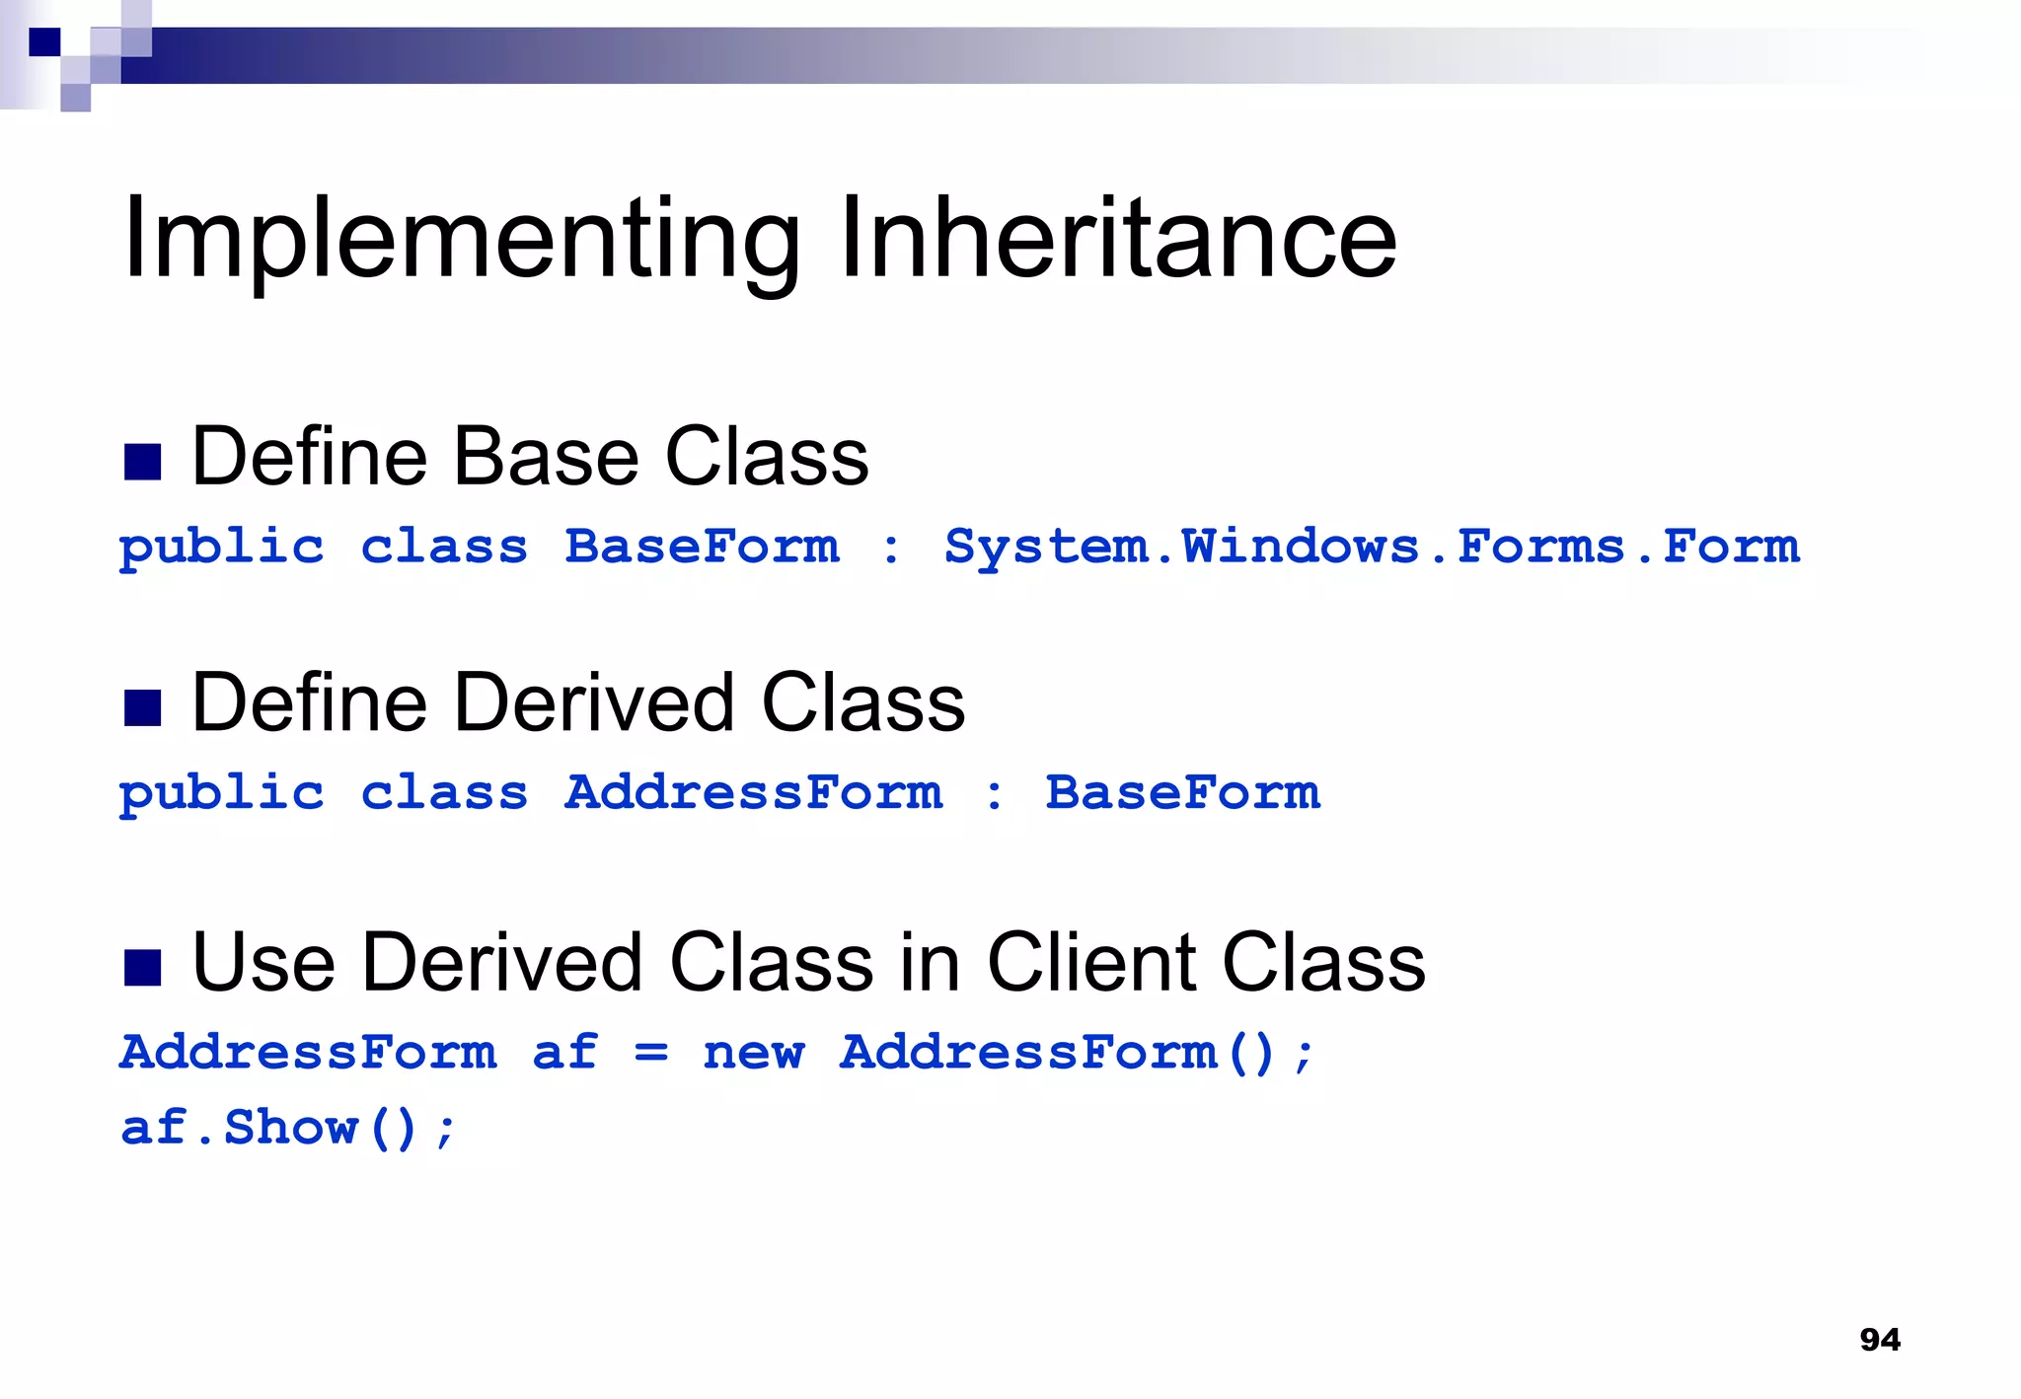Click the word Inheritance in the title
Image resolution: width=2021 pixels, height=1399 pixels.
click(x=1118, y=240)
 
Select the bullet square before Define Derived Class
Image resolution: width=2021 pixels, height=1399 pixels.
click(x=142, y=707)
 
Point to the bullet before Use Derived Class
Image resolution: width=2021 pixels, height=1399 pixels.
click(x=142, y=967)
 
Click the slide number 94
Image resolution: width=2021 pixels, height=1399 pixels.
click(x=1879, y=1339)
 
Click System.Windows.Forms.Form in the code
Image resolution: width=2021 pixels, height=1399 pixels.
click(x=1372, y=547)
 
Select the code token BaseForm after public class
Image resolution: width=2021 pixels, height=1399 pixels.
click(x=703, y=547)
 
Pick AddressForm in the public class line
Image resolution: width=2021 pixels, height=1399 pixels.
click(x=754, y=792)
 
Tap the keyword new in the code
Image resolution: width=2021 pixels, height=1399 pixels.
click(x=754, y=1052)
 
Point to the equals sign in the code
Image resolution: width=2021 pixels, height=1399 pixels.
click(x=651, y=1054)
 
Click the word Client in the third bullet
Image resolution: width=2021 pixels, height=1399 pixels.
click(x=1093, y=962)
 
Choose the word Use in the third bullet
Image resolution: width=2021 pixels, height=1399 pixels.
click(x=264, y=962)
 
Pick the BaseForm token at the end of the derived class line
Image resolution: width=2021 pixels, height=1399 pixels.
click(x=1182, y=792)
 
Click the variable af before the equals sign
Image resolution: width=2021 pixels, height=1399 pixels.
click(x=565, y=1052)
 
